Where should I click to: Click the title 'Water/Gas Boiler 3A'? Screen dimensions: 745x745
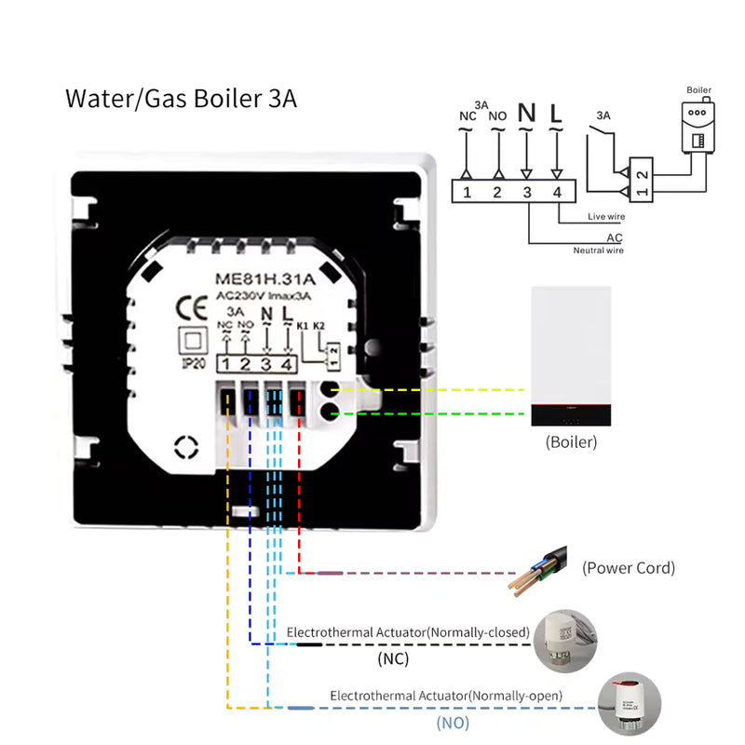coord(181,99)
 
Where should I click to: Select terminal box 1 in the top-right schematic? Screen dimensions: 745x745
coord(467,193)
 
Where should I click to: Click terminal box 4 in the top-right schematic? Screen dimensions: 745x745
coord(557,193)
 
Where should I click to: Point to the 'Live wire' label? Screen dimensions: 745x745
coord(604,217)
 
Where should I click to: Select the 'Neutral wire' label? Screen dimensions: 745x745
coord(598,250)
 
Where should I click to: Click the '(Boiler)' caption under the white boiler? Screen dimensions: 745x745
coord(571,442)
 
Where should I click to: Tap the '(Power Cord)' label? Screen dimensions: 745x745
coord(629,567)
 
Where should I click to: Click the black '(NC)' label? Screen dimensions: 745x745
coord(393,659)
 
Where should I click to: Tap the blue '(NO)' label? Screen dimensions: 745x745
coord(453,722)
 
